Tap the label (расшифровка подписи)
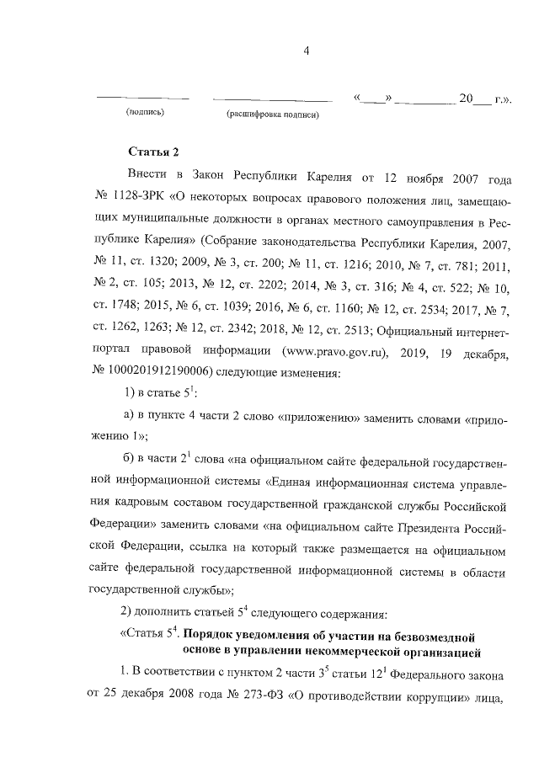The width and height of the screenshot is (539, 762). coord(271,115)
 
